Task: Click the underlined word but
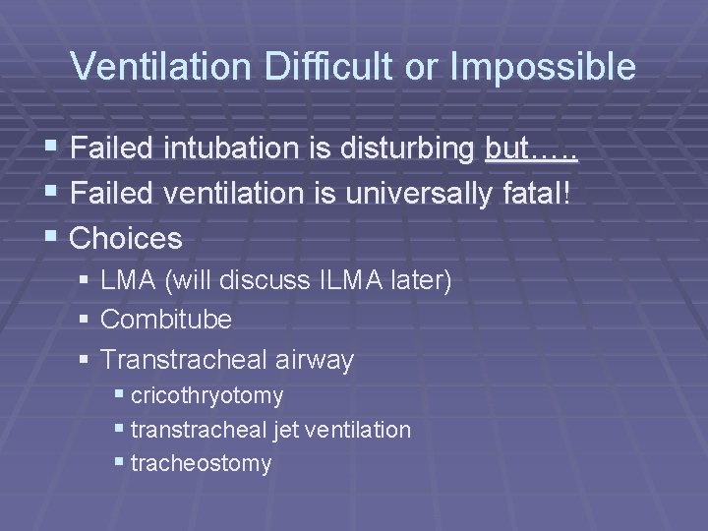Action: pyautogui.click(x=508, y=150)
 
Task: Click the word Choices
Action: pyautogui.click(x=127, y=238)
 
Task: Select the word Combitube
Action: pyautogui.click(x=166, y=320)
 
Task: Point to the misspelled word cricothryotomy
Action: pyautogui.click(x=206, y=396)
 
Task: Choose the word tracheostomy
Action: pyautogui.click(x=201, y=463)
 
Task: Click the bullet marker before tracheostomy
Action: pyautogui.click(x=119, y=462)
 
